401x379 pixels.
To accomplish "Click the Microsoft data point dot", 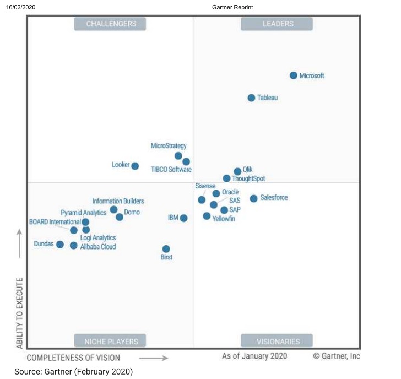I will coord(294,75).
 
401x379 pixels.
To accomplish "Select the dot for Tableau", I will coord(251,98).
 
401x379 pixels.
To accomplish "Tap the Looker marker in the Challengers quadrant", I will coord(135,166).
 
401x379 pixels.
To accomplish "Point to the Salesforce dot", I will coord(253,198).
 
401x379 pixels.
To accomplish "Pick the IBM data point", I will coord(183,218).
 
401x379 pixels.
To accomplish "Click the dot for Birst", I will coord(166,249).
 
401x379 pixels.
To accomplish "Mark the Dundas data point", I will coord(60,244).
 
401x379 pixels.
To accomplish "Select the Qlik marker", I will coord(237,171).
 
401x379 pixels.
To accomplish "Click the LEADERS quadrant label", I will coord(277,24).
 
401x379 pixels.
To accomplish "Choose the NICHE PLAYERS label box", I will coord(110,342).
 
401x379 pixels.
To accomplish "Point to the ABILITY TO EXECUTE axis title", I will coord(20,312).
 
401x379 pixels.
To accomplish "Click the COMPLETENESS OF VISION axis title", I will coord(73,358).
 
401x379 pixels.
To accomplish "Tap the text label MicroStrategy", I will coord(169,146).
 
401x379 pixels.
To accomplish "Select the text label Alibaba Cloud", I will coord(98,247).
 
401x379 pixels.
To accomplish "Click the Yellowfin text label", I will coord(224,219).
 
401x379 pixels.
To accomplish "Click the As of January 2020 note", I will coord(254,356).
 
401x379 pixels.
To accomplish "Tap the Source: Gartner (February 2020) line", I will coord(73,372).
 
